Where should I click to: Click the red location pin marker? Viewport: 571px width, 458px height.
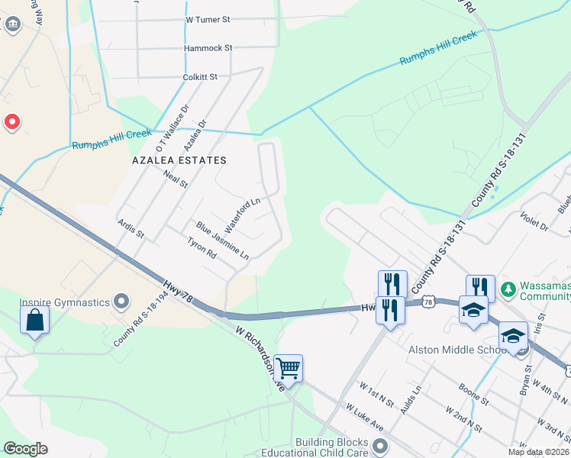coord(12,121)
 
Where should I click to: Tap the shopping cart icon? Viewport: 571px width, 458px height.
coord(288,369)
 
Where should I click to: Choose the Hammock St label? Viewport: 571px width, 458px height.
coord(208,48)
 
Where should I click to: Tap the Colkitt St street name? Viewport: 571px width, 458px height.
coord(200,77)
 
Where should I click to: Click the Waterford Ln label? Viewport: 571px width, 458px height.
coord(244,209)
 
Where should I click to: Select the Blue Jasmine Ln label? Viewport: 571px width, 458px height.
coord(222,239)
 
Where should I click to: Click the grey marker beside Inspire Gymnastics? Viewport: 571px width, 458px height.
coord(121,302)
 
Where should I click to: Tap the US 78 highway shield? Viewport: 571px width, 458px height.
coord(430,303)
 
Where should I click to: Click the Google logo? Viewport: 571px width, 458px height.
coord(25,449)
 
